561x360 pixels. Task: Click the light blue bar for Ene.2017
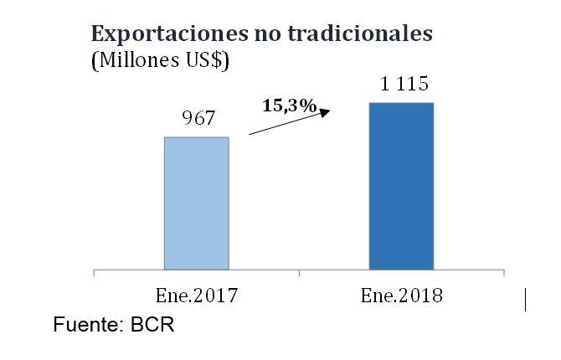(x=196, y=203)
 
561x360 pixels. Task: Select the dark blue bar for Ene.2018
(x=401, y=186)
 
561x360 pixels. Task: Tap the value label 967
(x=197, y=119)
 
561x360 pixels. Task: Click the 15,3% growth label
(x=290, y=105)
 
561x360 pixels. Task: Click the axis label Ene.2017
(x=197, y=296)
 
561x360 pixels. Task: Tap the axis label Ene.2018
(x=402, y=296)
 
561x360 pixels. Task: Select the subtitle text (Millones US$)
(x=159, y=60)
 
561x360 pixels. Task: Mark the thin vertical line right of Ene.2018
(x=525, y=299)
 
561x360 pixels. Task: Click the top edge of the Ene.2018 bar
(x=401, y=103)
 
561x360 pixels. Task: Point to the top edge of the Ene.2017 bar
(x=196, y=137)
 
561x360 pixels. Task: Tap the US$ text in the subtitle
(x=203, y=60)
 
